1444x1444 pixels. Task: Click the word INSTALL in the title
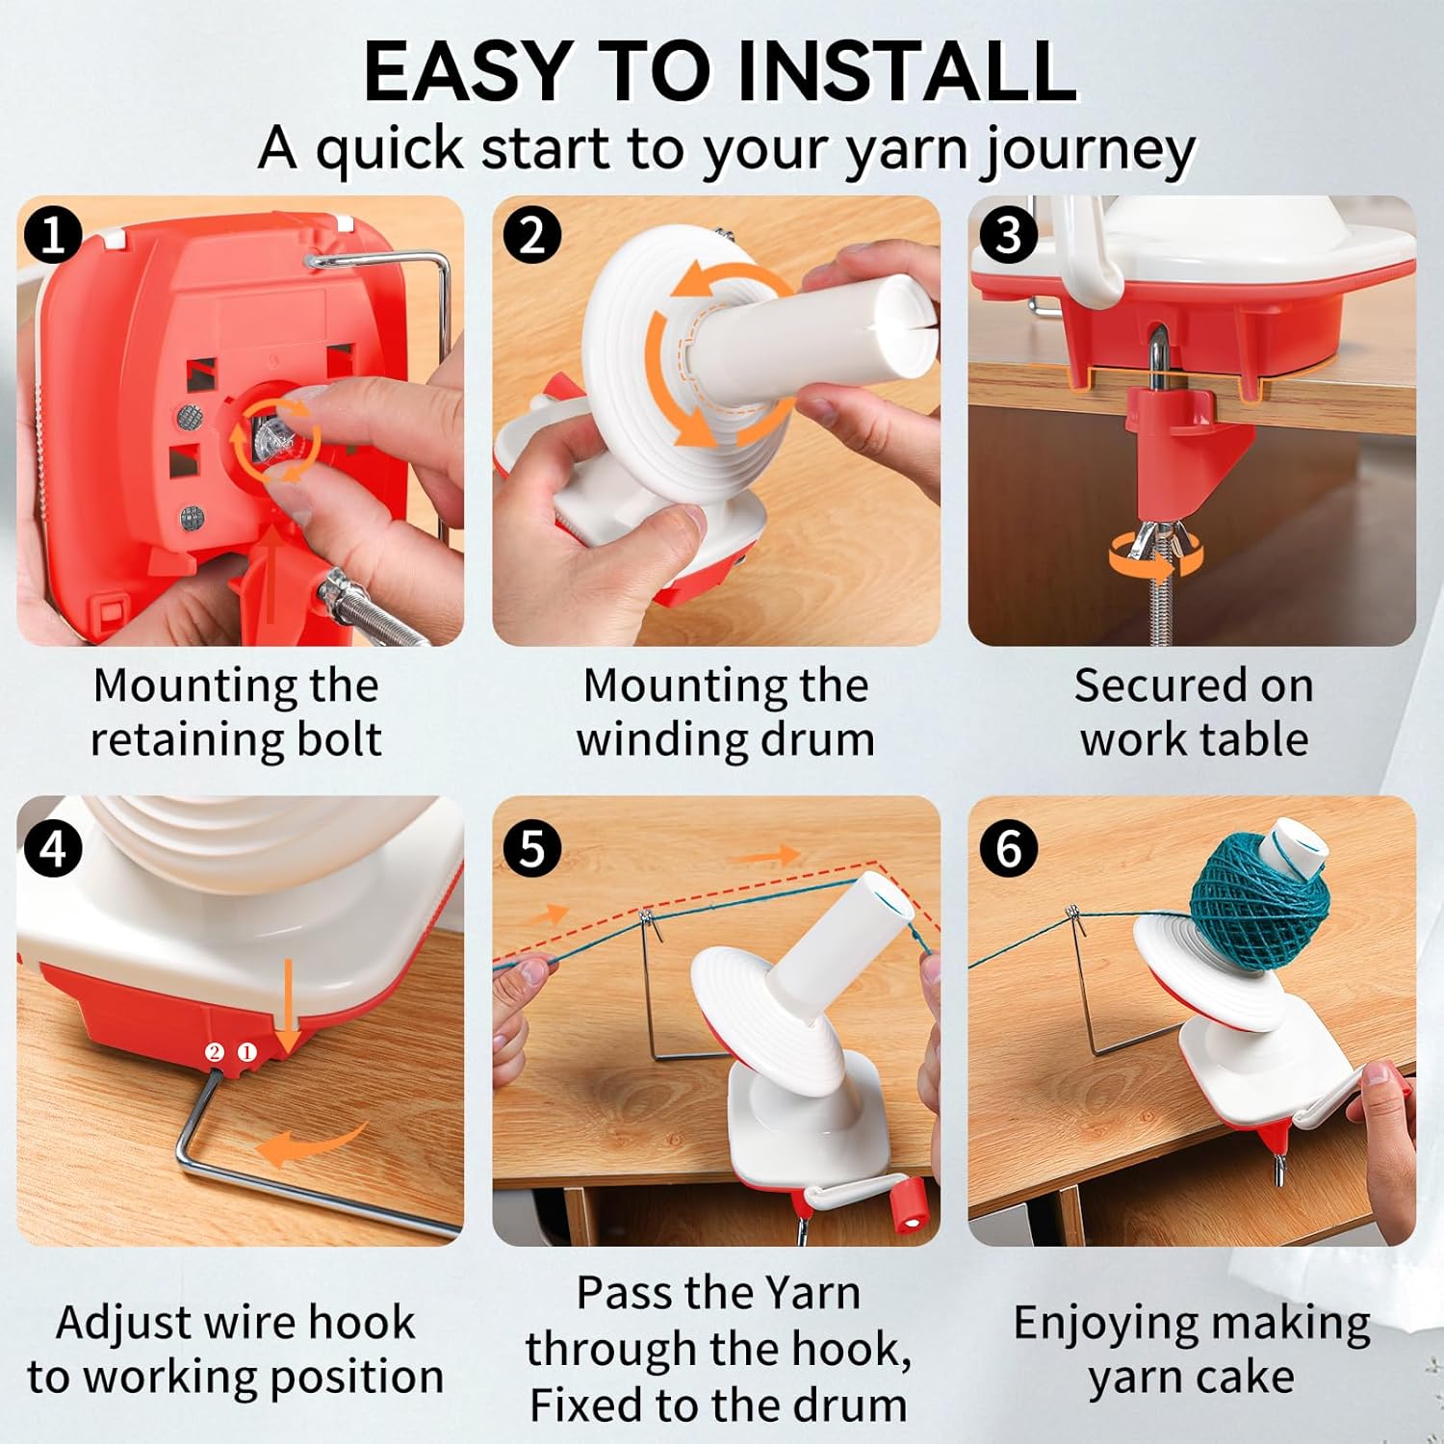tap(906, 71)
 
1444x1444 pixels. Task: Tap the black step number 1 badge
tap(54, 235)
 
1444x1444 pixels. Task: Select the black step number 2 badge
tap(531, 235)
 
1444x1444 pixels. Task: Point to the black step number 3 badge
tap(1008, 235)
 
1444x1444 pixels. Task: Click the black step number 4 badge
tap(54, 848)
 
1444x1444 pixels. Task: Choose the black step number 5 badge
tap(531, 848)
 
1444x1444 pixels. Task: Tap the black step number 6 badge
tap(1008, 848)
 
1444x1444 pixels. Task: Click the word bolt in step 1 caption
tap(338, 739)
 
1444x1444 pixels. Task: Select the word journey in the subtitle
tap(1089, 152)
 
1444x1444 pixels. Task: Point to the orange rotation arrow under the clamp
tap(1152, 557)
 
